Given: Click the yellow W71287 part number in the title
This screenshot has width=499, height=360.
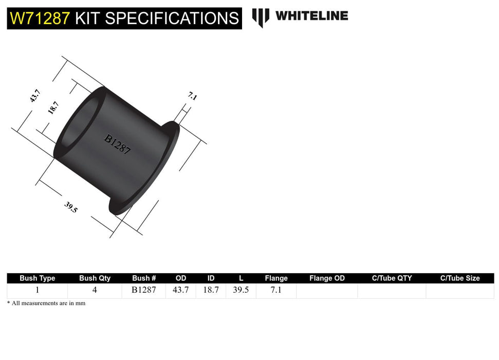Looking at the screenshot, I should tap(40, 19).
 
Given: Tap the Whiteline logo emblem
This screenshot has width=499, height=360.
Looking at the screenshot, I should tap(261, 17).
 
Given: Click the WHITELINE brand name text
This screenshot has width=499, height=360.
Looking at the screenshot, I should tap(311, 16).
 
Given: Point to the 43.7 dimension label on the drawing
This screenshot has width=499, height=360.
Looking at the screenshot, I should tap(35, 96).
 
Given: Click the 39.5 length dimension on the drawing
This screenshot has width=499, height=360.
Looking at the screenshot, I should tap(71, 207).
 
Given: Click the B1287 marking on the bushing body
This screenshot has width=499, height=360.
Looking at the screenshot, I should tap(118, 145).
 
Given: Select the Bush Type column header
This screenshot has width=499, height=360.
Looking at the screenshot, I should tap(38, 278).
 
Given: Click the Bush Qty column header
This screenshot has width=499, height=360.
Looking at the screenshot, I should tap(95, 278).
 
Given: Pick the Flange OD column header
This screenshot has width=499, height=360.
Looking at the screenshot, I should tap(327, 278).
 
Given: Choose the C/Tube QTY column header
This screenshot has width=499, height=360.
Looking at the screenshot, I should tap(392, 278).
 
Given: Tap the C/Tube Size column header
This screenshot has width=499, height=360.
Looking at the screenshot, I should tap(459, 278).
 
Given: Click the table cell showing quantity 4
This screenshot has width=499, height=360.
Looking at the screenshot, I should tap(95, 290).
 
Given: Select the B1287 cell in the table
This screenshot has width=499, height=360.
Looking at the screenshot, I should tap(144, 290).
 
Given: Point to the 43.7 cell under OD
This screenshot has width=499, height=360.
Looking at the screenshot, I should tap(180, 290).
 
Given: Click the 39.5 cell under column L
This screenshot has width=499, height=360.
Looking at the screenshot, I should tap(241, 290).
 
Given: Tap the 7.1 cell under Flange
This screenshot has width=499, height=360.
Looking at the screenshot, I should tap(276, 290).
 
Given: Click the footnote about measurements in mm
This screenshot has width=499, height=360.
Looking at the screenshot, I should tap(46, 303).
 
